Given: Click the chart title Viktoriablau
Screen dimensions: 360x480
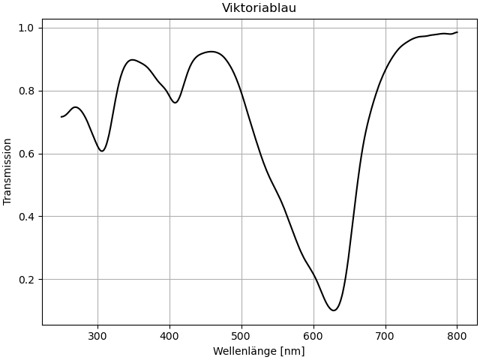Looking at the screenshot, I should coord(259,8).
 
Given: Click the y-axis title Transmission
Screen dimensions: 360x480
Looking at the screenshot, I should coord(8,171).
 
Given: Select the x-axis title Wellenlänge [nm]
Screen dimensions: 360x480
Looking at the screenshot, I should coord(259,351).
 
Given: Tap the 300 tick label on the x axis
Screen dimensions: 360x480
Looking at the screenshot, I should coord(97,337).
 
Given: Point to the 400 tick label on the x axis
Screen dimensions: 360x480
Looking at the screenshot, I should coord(169,337).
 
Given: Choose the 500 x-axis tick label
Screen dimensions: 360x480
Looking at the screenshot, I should coord(241,337).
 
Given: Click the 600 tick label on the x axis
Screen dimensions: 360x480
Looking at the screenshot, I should coord(313,337).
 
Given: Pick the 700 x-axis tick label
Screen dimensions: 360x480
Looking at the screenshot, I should coord(385,337).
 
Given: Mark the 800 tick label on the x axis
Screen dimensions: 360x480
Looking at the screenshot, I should coord(457,337).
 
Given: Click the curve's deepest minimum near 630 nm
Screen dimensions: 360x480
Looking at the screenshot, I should coord(334,310).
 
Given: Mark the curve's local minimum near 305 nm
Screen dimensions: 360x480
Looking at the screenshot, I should coord(102,151).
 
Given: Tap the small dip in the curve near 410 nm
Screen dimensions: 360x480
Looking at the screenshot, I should coord(175,103).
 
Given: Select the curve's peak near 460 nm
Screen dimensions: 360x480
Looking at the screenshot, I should coord(212,52).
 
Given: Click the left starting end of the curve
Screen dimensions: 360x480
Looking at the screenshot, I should coord(61,116).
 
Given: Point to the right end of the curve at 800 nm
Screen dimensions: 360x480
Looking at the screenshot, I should coord(457,32).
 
